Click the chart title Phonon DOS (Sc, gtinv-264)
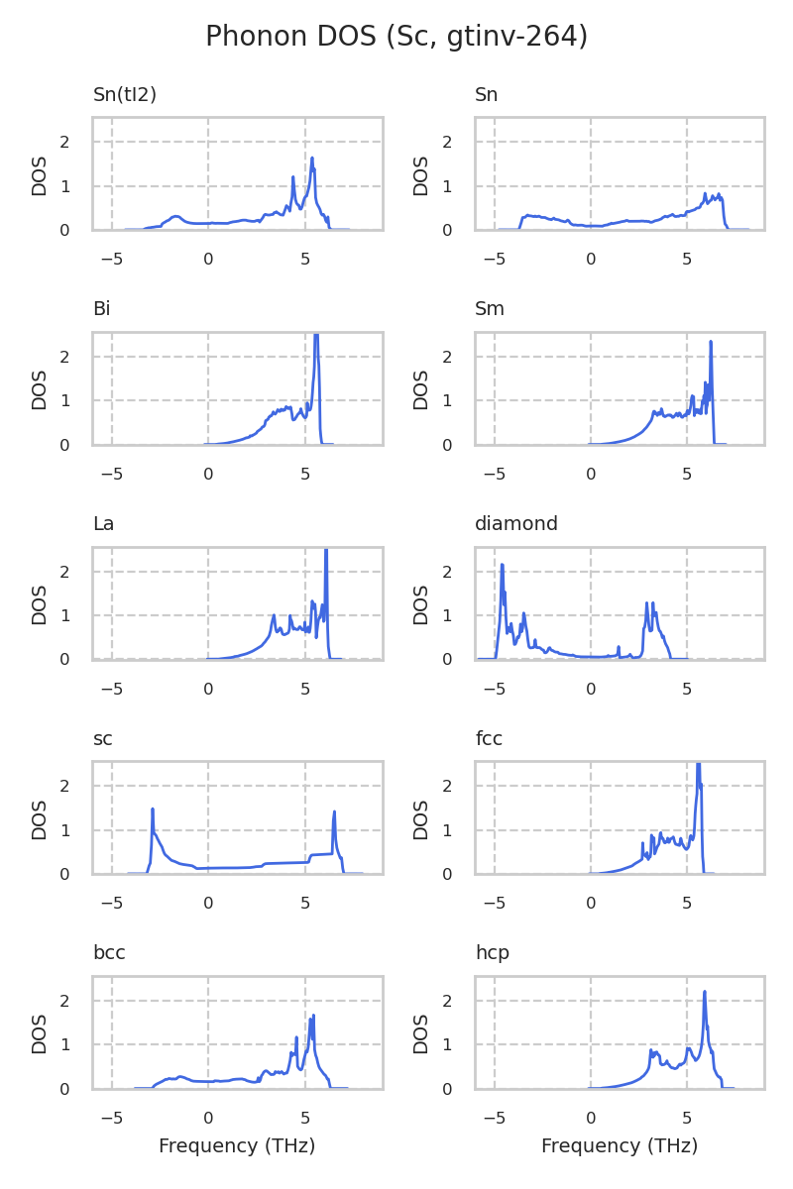[396, 37]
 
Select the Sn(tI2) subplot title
[125, 95]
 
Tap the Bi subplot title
[101, 309]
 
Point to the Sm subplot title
[490, 309]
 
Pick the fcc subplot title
[490, 738]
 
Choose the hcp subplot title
[493, 953]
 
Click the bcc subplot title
[109, 953]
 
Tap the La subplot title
[103, 523]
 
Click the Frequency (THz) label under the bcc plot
[237, 1146]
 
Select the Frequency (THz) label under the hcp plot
[620, 1146]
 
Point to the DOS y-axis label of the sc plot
[40, 818]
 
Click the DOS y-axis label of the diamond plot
[421, 603]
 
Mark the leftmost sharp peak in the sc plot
[153, 810]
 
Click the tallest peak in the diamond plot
[503, 565]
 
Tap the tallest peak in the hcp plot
[705, 992]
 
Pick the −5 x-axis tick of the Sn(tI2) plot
[111, 260]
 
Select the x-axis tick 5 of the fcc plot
[687, 904]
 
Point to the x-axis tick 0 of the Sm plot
[591, 475]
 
